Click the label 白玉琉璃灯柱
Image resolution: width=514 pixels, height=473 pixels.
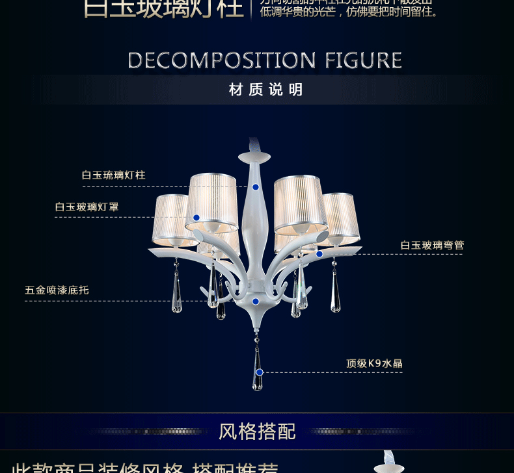tap(113, 175)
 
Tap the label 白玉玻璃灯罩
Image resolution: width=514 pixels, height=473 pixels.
tap(87, 207)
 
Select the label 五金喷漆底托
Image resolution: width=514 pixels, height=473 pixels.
tap(57, 290)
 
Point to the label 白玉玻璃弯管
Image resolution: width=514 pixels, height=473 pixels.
tap(432, 246)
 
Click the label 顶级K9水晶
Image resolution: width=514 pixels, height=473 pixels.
tap(374, 364)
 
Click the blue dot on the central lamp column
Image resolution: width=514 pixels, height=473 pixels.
tap(256, 187)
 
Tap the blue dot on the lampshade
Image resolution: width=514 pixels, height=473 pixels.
tap(196, 218)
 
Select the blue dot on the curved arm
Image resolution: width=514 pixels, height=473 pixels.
tap(319, 254)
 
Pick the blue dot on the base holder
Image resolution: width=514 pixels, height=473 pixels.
tap(256, 301)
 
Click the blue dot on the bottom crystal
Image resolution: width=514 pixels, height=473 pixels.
tap(260, 372)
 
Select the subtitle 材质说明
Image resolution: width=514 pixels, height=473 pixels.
tap(266, 90)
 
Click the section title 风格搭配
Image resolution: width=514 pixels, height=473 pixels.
tap(257, 431)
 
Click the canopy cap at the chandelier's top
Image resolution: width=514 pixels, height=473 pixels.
tap(254, 157)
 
